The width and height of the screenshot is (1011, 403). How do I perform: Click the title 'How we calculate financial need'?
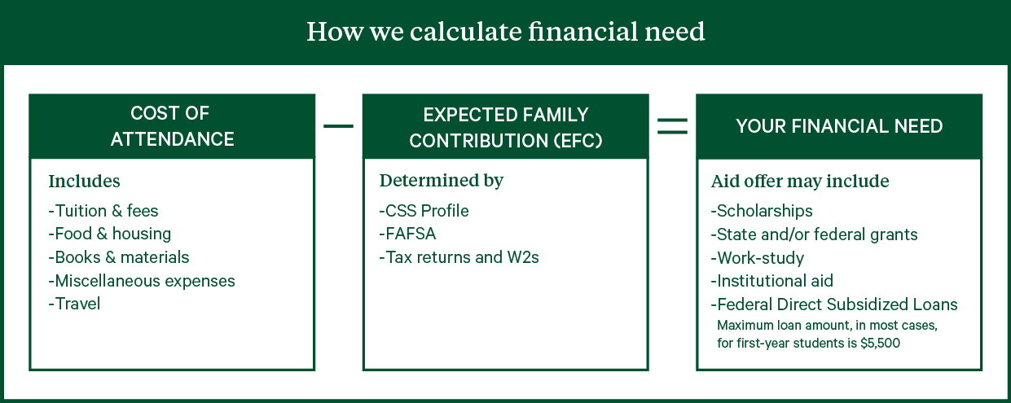click(x=505, y=32)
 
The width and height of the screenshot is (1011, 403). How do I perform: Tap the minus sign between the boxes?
click(x=339, y=126)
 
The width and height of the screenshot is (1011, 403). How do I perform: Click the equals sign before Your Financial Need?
click(x=672, y=126)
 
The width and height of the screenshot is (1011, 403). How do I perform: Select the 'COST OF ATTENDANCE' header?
click(x=172, y=126)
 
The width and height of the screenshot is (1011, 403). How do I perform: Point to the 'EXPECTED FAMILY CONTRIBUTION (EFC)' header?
click(x=505, y=126)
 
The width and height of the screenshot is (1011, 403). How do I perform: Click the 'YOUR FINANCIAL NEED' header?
click(x=839, y=126)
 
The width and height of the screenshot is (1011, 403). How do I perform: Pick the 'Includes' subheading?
click(x=85, y=182)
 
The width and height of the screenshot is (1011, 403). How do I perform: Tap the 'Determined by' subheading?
click(x=441, y=181)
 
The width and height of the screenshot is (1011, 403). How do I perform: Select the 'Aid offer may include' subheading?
click(x=800, y=182)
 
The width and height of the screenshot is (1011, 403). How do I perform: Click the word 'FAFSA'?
click(x=411, y=234)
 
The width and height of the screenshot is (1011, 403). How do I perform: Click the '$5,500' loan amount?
click(x=880, y=343)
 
